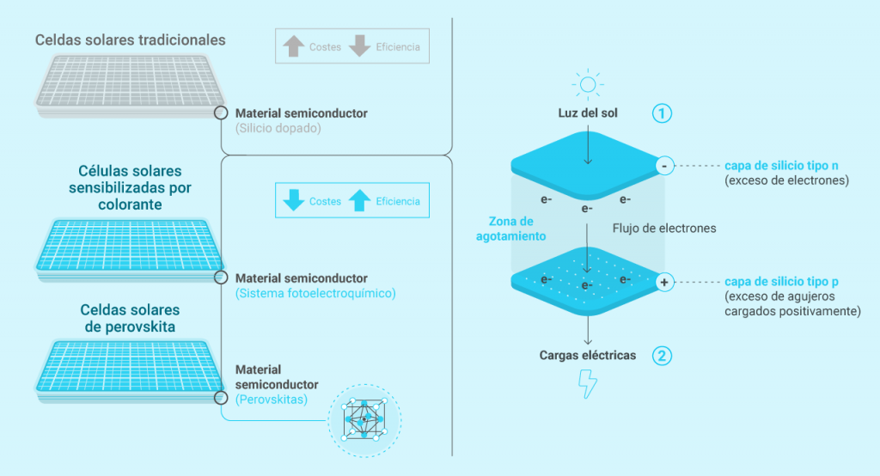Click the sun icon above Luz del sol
tap(587, 85)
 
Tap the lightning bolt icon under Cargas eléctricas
tap(588, 383)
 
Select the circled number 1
tap(662, 113)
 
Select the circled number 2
tap(662, 356)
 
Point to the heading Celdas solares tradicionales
tap(131, 40)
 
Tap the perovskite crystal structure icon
tap(364, 418)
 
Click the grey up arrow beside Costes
tap(295, 46)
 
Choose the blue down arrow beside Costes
tap(295, 201)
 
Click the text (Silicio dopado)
tap(278, 128)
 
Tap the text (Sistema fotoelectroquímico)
tap(315, 294)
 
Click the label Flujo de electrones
tap(664, 229)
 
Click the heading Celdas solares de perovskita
tap(131, 318)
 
